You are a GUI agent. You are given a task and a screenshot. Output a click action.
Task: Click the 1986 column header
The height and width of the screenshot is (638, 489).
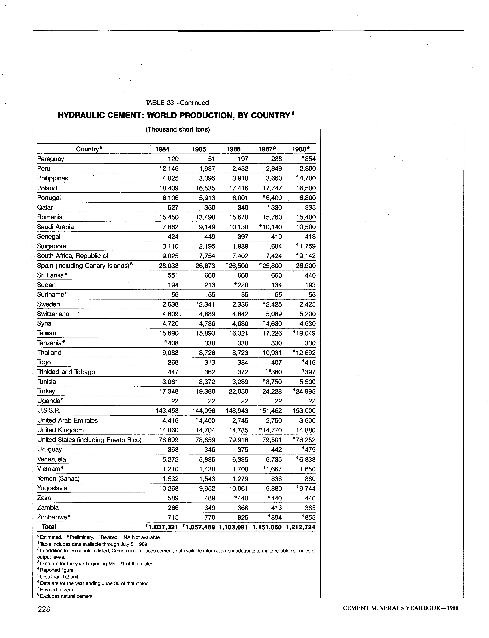click(x=233, y=149)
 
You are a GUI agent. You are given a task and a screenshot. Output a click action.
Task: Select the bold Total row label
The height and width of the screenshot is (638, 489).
click(x=49, y=527)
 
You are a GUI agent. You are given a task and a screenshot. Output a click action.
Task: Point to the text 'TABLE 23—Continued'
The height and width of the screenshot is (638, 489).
click(x=177, y=103)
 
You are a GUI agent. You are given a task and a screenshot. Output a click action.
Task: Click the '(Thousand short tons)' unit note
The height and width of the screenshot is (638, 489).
click(x=178, y=129)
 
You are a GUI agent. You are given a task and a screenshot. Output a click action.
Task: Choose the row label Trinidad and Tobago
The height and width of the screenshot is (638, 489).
click(x=66, y=372)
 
